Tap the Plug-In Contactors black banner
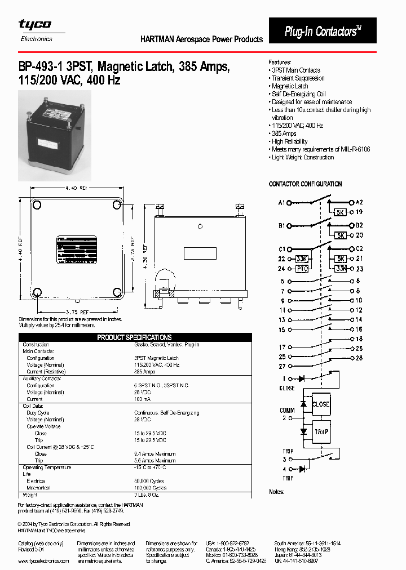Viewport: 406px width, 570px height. [x=322, y=31]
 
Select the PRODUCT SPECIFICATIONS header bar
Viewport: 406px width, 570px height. [x=134, y=337]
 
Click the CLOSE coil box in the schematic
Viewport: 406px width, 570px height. [x=321, y=404]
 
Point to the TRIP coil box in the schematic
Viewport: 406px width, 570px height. [x=321, y=431]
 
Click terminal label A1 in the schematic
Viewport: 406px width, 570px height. [x=281, y=202]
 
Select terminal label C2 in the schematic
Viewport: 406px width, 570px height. [x=359, y=248]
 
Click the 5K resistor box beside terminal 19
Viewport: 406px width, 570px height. [x=340, y=212]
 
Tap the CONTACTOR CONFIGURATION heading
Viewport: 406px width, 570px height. [x=305, y=184]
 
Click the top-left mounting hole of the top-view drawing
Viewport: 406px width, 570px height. [x=37, y=203]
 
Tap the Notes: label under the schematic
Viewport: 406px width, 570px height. [x=276, y=492]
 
